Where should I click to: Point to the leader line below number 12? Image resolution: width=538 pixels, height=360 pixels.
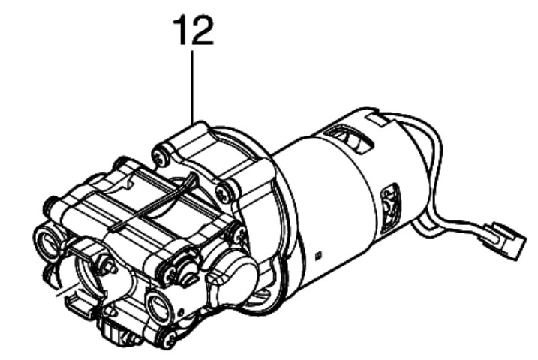pos(192,87)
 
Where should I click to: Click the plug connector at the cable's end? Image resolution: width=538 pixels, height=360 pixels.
pos(504,239)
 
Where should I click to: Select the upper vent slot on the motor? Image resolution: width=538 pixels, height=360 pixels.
pos(349,139)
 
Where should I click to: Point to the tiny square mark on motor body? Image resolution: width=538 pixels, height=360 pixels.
pos(318,255)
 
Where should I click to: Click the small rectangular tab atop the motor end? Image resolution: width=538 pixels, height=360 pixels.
pos(377,118)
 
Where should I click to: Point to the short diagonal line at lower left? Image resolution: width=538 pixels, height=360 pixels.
pos(68,289)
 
